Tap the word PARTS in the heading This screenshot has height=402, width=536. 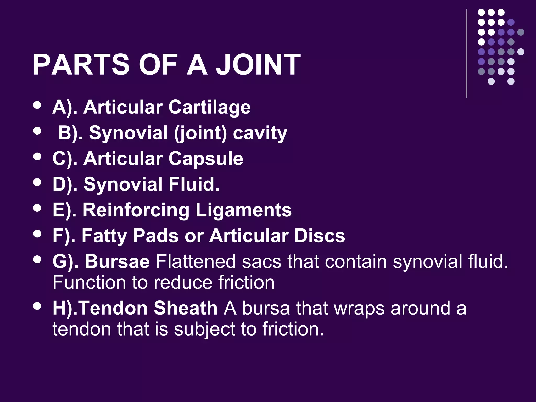pyautogui.click(x=81, y=64)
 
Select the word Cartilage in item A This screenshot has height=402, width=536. pyautogui.click(x=209, y=107)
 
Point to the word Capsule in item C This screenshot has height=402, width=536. pyautogui.click(x=206, y=159)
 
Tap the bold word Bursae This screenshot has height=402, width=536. pyautogui.click(x=117, y=261)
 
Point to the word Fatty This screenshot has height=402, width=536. pyautogui.click(x=104, y=236)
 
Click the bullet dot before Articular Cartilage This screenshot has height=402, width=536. pyautogui.click(x=37, y=105)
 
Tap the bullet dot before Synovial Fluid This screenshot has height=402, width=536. pyautogui.click(x=37, y=182)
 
